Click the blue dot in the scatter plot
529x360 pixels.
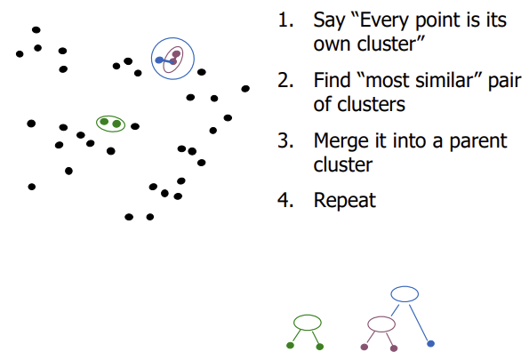point(159,60)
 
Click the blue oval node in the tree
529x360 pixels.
point(405,293)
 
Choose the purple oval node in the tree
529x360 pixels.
point(381,323)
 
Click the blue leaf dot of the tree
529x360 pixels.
point(430,343)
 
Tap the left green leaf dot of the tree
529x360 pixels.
point(291,345)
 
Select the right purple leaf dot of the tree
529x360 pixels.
point(394,347)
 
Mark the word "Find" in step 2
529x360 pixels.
point(332,81)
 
